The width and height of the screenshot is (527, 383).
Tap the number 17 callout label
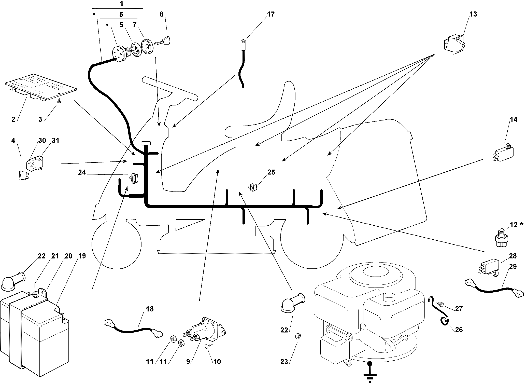[x=271, y=14]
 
